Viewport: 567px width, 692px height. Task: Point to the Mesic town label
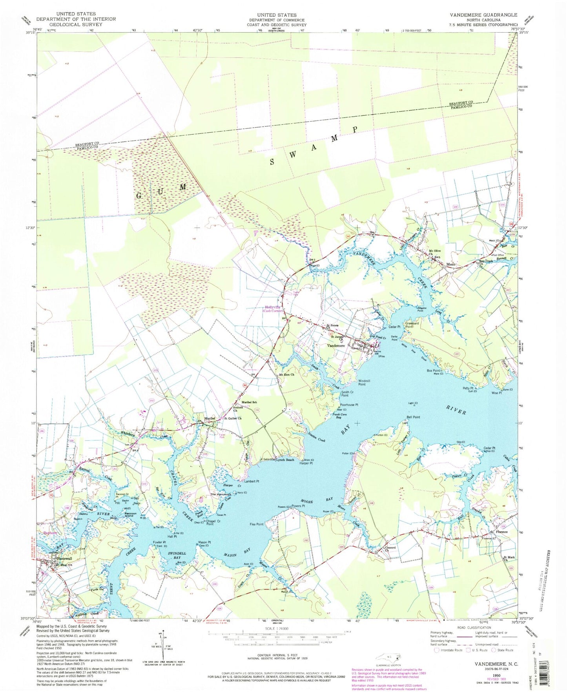click(452, 265)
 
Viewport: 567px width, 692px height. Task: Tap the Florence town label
click(501, 532)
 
